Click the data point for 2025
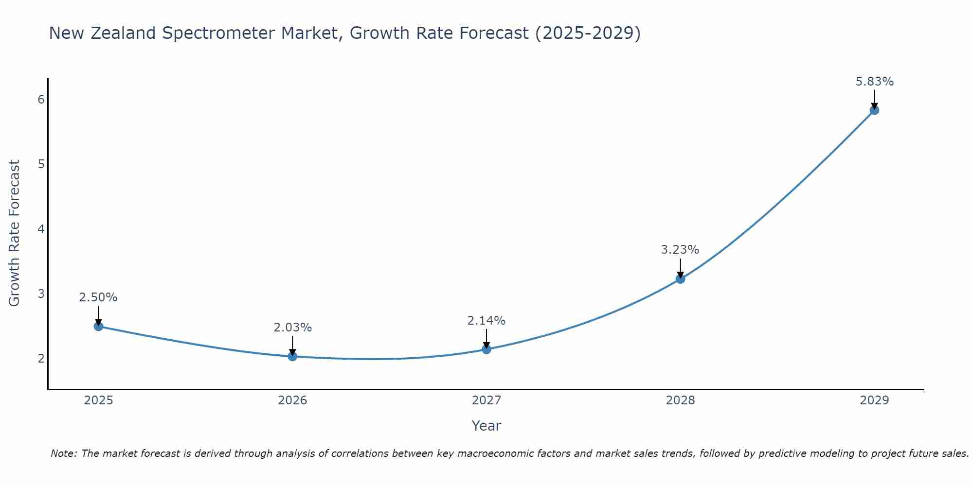point(98,326)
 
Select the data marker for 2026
point(292,356)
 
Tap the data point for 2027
point(486,349)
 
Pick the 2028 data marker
point(680,278)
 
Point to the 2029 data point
point(874,110)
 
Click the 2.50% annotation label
point(98,297)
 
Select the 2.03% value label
point(292,328)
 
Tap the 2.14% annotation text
point(486,321)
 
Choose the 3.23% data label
point(680,250)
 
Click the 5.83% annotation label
point(874,82)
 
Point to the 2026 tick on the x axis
point(292,400)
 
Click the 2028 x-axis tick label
point(680,400)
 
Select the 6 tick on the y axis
point(41,100)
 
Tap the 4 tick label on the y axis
point(41,229)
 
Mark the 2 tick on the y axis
point(41,359)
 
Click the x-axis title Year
point(486,426)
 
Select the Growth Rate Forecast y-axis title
point(15,233)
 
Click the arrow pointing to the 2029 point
point(874,99)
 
